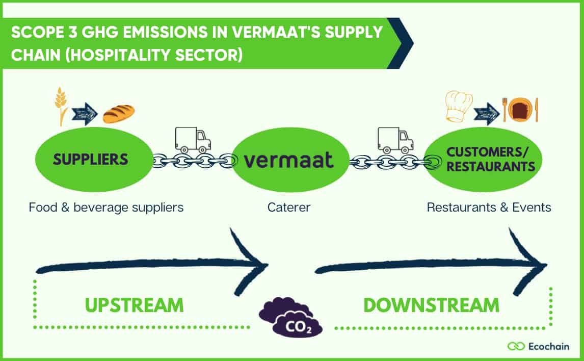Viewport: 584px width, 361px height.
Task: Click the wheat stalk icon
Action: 62,106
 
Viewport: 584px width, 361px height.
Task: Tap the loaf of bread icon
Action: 118,113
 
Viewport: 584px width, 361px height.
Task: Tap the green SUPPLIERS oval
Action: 91,159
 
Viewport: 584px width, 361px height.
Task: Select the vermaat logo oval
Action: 289,160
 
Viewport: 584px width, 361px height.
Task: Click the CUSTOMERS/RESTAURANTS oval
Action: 483,159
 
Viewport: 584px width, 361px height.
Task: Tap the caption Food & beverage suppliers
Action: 106,208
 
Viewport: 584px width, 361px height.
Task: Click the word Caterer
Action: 289,208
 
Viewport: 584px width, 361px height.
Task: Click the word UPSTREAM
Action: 134,305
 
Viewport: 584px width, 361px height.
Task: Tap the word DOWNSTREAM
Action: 431,305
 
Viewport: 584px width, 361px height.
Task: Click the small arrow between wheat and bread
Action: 85,113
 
